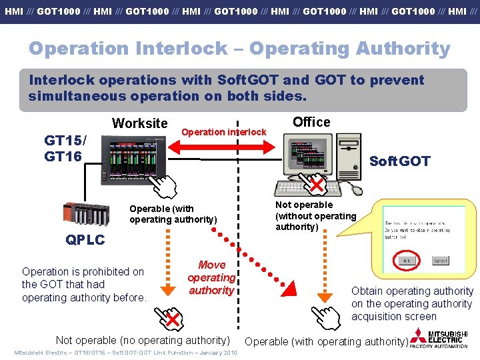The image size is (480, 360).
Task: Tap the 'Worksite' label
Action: pos(140,123)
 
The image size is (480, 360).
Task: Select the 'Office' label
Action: pos(311,122)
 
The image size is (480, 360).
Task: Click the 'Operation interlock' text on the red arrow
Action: pos(224,132)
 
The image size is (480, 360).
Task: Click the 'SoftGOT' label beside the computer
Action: pos(400,161)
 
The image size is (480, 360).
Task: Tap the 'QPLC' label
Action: pos(85,240)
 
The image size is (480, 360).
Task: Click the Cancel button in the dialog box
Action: pos(439,261)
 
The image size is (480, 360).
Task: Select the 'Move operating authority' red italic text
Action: pos(211,277)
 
